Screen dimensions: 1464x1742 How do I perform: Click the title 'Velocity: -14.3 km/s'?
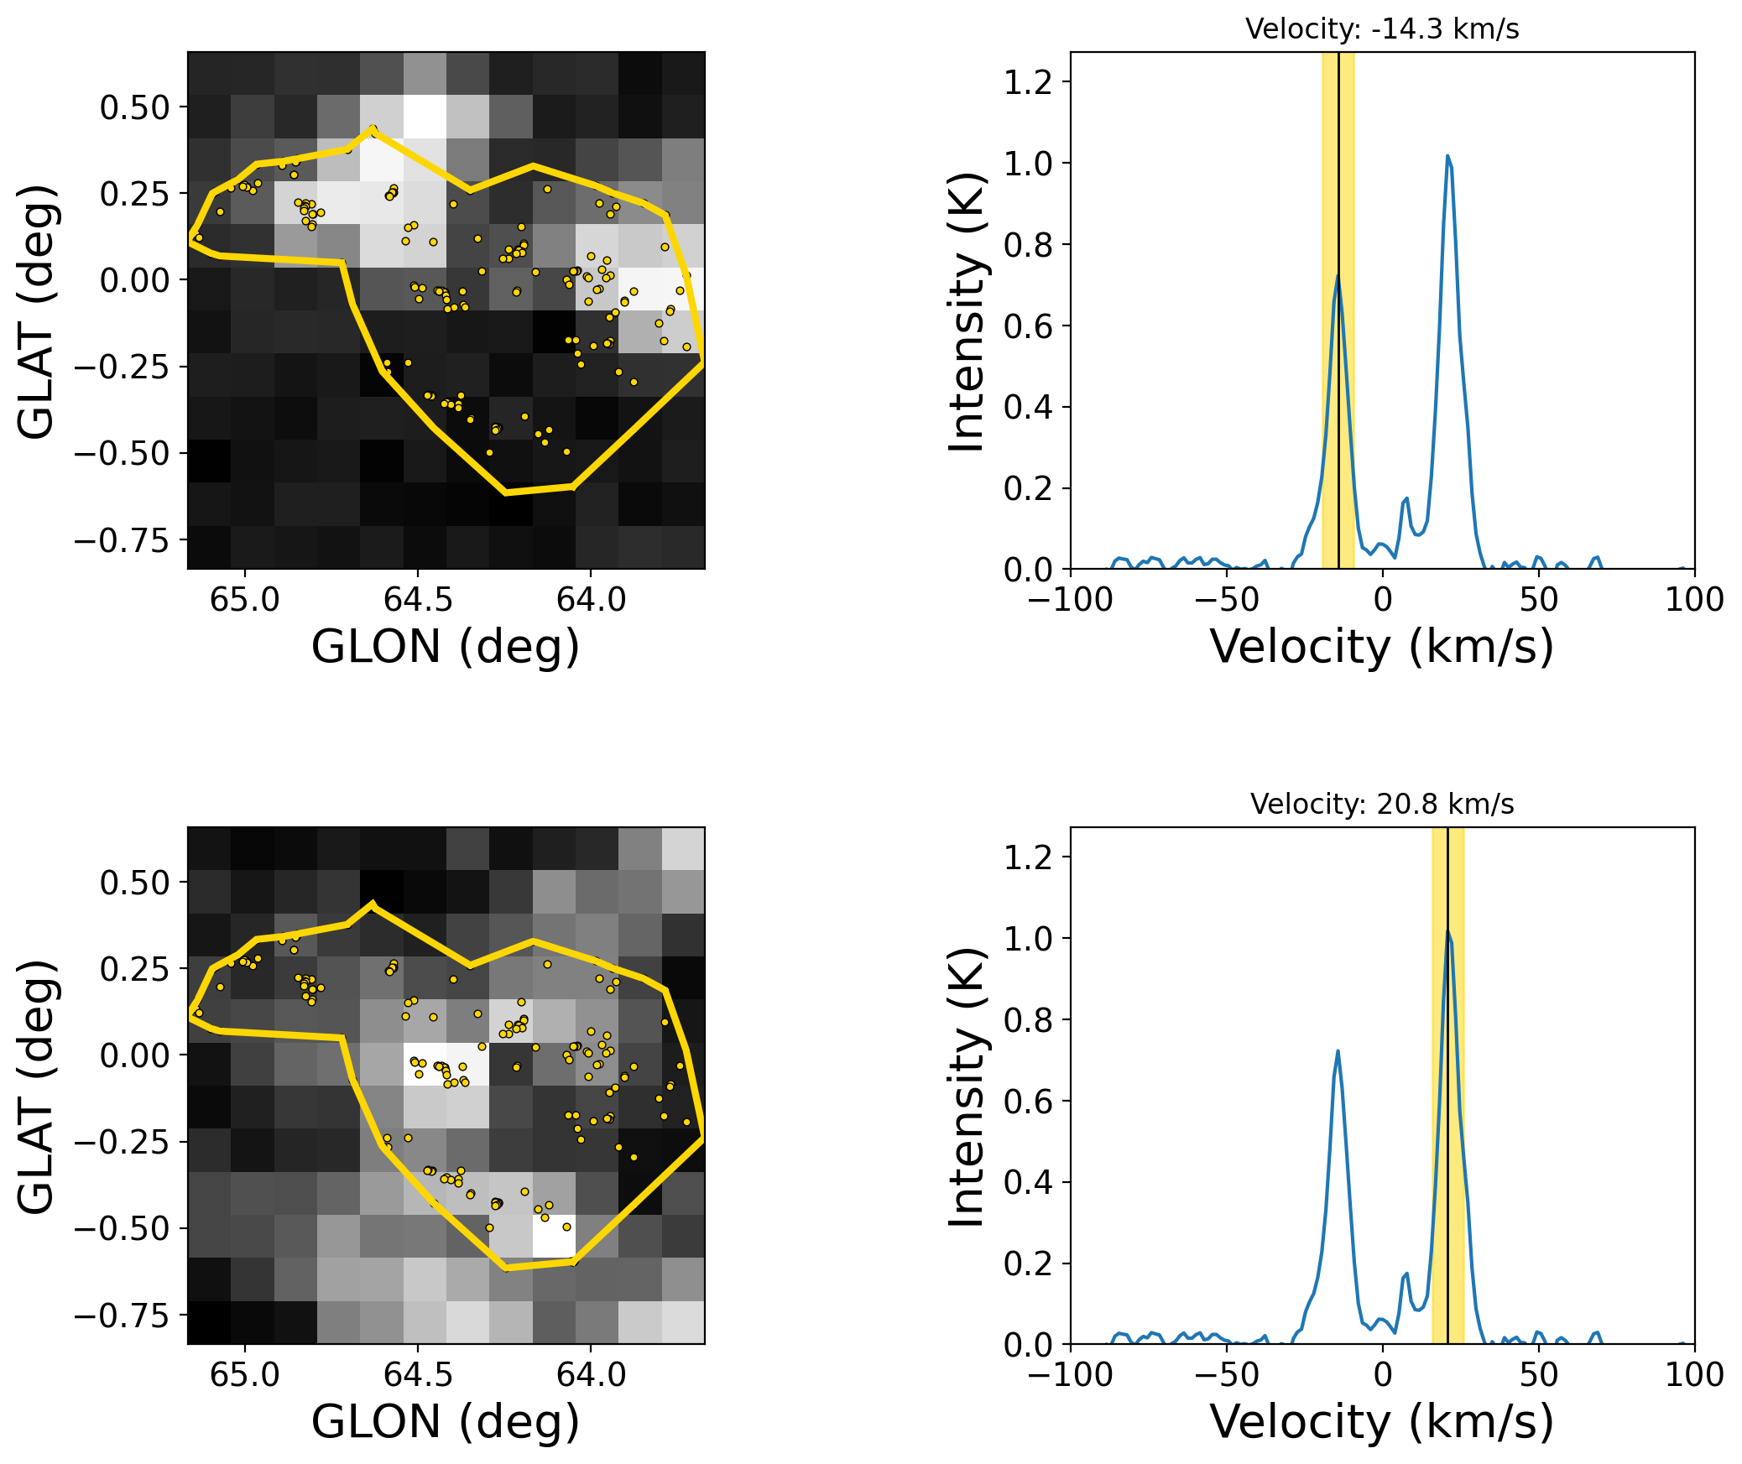[x=1381, y=29]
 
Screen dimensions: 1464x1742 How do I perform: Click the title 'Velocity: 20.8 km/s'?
[x=1381, y=805]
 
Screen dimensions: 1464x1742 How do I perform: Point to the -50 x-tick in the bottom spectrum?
[x=1226, y=1375]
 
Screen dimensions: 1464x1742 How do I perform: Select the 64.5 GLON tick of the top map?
[x=417, y=600]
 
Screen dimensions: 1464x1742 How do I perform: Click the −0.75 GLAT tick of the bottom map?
[x=122, y=1316]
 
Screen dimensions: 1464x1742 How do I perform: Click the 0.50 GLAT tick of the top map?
[x=134, y=108]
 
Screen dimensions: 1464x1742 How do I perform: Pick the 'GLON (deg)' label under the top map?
[x=446, y=647]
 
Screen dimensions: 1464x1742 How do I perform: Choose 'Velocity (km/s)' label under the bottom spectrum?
[x=1381, y=1422]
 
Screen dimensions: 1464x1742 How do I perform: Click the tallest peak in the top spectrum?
[x=1447, y=156]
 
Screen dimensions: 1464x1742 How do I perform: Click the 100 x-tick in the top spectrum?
[x=1693, y=600]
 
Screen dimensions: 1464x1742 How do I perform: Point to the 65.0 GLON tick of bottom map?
[x=244, y=1375]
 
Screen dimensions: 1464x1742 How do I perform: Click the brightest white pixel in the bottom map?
[x=554, y=1236]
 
